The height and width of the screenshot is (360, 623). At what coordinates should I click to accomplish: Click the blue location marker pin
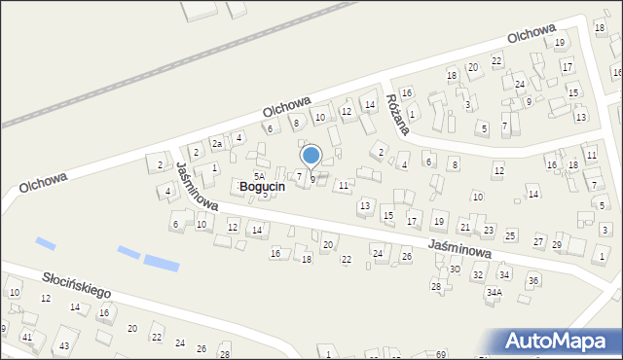(311, 156)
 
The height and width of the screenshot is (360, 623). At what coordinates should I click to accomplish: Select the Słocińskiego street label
(76, 285)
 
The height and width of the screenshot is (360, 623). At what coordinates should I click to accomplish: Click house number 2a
(219, 144)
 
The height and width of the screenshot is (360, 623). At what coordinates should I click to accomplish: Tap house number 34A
(495, 292)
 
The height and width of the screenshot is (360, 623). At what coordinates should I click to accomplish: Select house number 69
(440, 353)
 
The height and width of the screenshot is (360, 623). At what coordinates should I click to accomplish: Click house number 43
(64, 346)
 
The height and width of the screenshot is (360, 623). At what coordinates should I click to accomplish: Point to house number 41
(27, 337)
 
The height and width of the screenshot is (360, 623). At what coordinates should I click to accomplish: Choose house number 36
(532, 280)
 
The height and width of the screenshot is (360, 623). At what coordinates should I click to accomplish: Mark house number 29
(557, 244)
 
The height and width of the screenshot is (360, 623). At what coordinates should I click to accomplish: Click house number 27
(538, 240)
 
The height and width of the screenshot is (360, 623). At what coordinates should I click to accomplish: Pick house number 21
(465, 227)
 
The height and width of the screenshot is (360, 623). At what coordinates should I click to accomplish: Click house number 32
(477, 275)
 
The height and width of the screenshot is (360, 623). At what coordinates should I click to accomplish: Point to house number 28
(436, 286)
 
